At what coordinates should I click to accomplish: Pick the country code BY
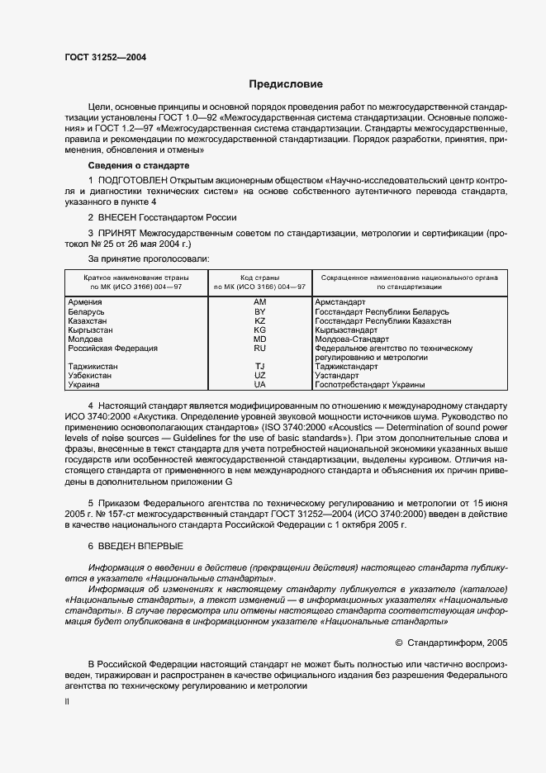[260, 311]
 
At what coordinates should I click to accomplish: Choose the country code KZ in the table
[260, 320]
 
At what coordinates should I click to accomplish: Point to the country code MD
[260, 339]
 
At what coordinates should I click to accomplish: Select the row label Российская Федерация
[112, 349]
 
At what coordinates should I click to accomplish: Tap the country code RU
[260, 349]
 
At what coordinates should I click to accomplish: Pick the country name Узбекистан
[91, 375]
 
